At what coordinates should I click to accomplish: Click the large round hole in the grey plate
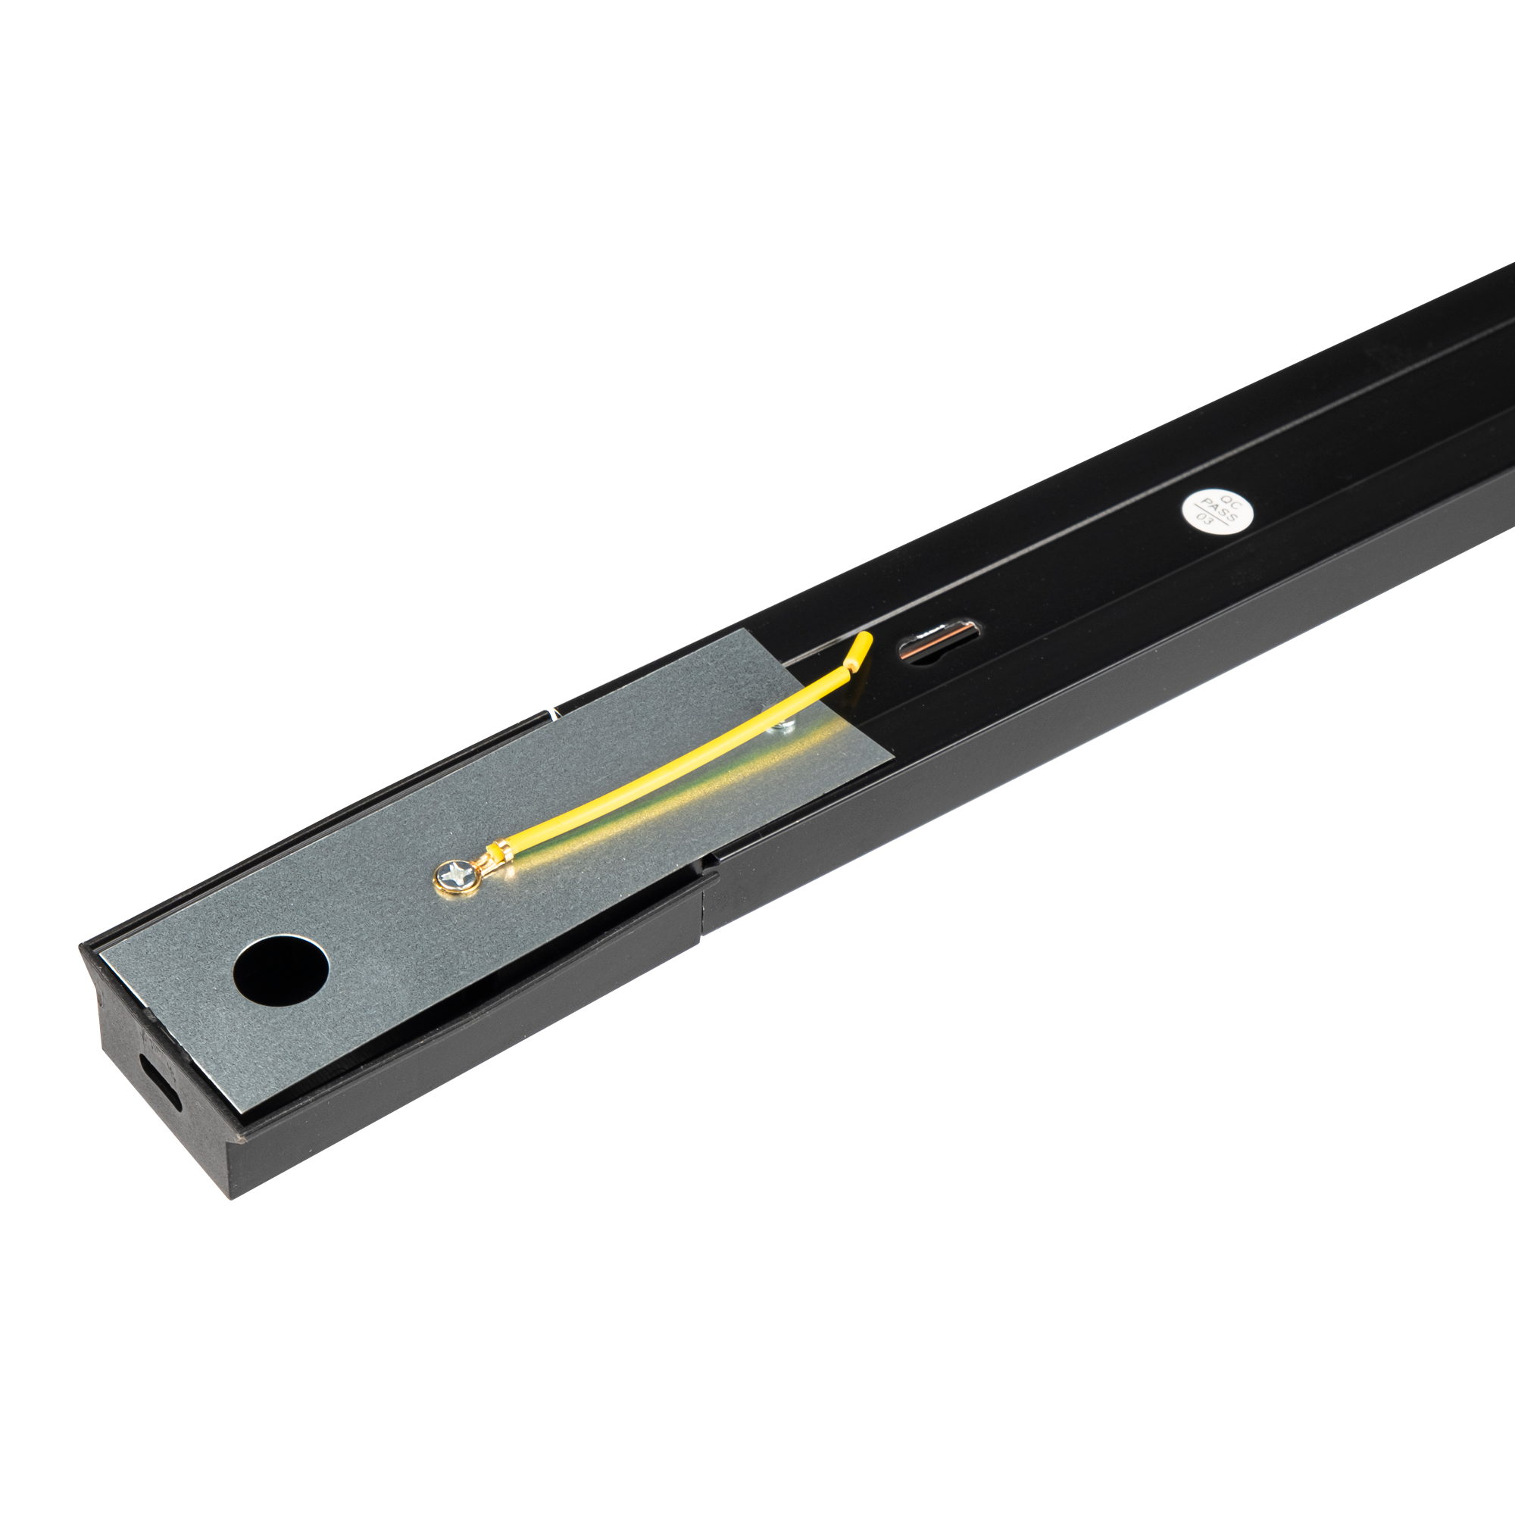[281, 971]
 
